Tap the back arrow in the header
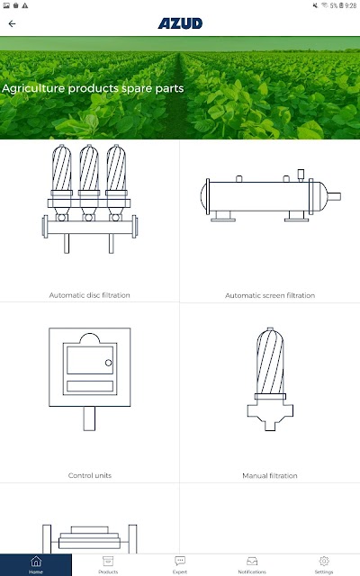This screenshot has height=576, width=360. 12,24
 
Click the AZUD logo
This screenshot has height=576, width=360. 180,23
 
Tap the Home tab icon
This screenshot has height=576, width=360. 36,562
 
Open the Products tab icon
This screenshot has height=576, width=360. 108,562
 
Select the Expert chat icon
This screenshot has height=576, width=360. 180,561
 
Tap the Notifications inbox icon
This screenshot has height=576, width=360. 252,562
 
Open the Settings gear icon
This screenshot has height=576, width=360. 324,561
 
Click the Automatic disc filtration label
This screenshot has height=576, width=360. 90,295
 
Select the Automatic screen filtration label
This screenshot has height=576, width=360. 270,295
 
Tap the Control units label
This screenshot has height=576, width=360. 90,475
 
